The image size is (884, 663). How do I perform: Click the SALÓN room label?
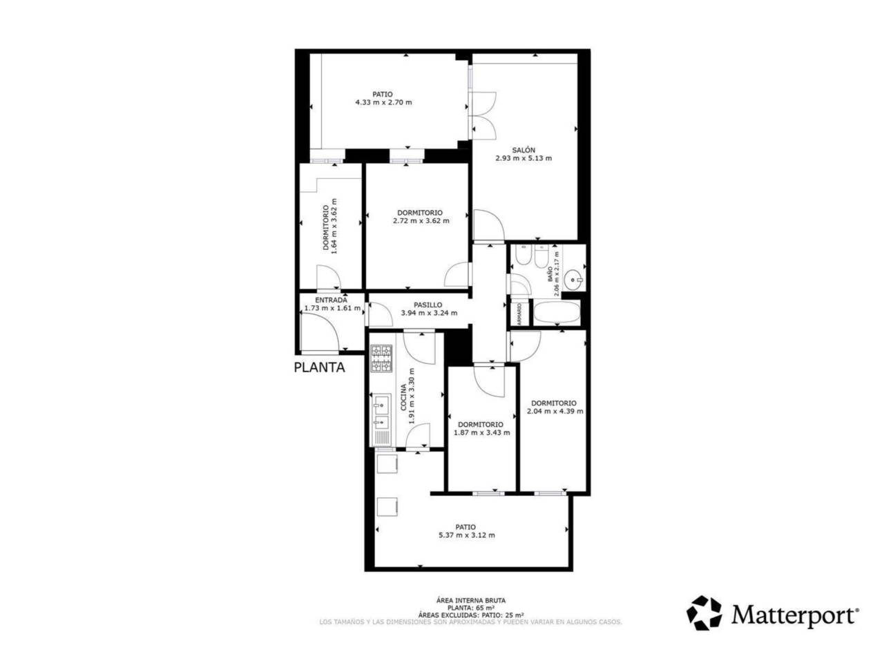click(x=523, y=150)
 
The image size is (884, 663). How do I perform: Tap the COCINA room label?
click(x=403, y=398)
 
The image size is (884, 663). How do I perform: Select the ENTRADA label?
click(x=331, y=300)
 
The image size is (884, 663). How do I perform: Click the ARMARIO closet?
click(x=519, y=313)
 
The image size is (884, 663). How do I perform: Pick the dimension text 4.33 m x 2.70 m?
click(x=383, y=102)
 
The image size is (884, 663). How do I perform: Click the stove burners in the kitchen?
click(x=382, y=358)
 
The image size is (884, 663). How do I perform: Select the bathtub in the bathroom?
click(x=557, y=313)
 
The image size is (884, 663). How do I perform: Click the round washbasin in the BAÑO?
click(x=573, y=280)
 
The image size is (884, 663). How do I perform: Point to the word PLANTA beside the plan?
click(x=319, y=367)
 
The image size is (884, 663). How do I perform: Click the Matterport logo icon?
click(x=704, y=613)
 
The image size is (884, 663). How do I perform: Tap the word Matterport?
click(x=795, y=614)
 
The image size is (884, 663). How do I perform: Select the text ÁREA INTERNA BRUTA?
click(x=466, y=601)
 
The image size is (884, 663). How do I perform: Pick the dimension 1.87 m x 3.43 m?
click(x=481, y=433)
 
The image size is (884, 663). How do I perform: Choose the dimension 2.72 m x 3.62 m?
click(x=420, y=221)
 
